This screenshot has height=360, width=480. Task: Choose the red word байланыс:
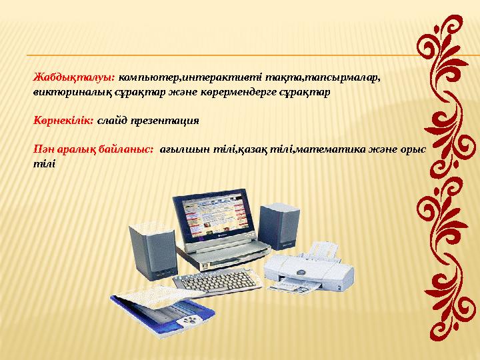tap(123, 151)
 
